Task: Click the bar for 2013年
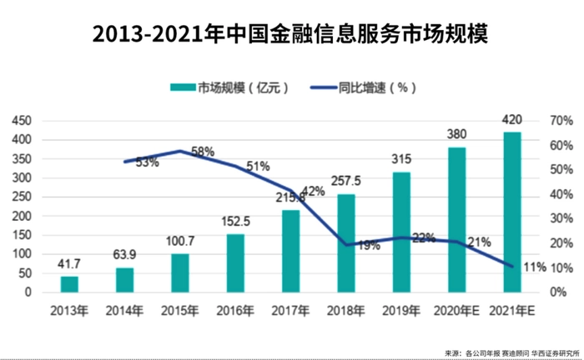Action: coord(69,284)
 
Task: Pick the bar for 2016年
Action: coord(235,263)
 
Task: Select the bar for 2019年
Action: coord(401,232)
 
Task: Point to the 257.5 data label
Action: coord(346,181)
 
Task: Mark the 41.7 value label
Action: coord(69,264)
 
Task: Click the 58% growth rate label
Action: coord(202,152)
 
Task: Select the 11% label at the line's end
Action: coord(535,267)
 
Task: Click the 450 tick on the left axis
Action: coord(23,121)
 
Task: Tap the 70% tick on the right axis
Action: coord(561,121)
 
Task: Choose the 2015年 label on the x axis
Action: coord(179,311)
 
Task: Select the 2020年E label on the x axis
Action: coord(456,311)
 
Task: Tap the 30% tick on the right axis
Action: coord(561,218)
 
